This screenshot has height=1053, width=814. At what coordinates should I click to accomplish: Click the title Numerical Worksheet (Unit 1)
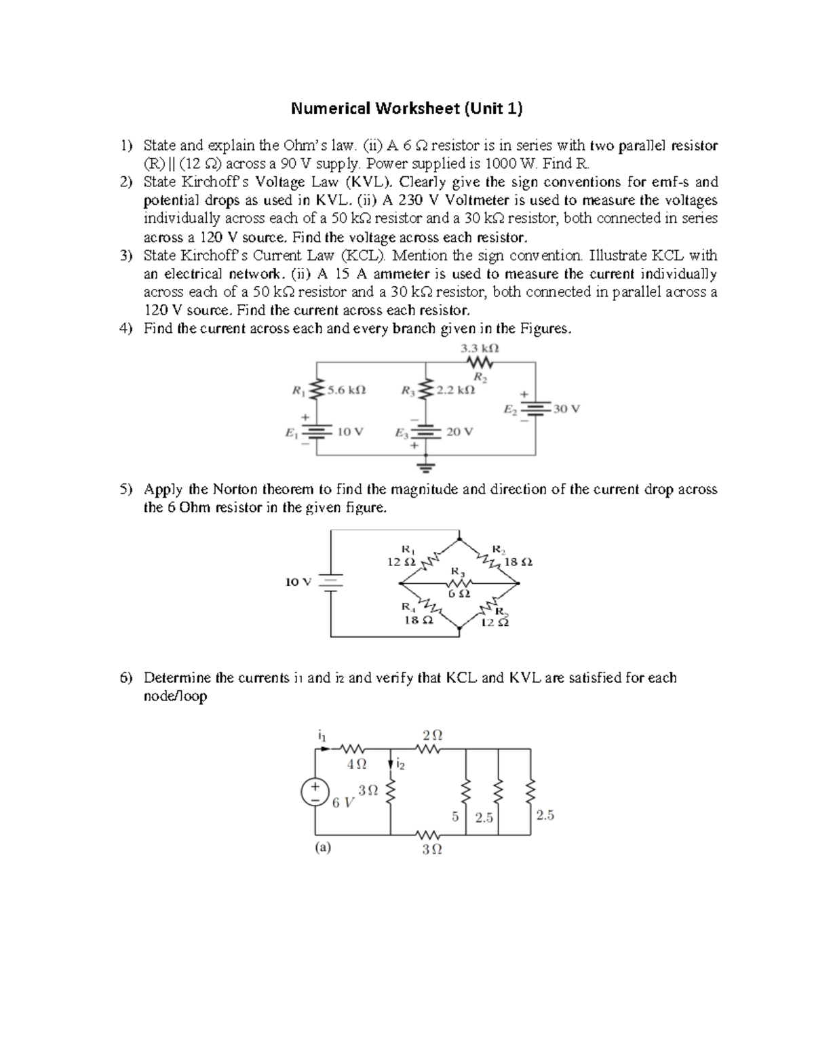(x=407, y=108)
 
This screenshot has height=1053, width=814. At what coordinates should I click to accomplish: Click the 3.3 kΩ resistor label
(x=480, y=348)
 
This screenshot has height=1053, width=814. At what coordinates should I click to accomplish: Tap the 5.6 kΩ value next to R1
(x=346, y=391)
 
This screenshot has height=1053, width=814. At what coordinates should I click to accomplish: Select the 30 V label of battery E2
(x=566, y=409)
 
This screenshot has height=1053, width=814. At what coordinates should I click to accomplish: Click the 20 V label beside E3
(x=460, y=431)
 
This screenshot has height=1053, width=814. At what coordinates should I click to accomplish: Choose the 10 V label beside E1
(x=350, y=431)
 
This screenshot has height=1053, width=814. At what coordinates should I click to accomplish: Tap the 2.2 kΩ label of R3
(x=454, y=391)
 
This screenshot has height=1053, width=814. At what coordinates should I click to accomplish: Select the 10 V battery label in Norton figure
(x=298, y=582)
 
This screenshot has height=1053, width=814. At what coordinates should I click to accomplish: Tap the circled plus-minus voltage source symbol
(x=315, y=792)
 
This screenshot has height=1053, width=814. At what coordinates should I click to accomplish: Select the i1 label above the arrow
(x=322, y=734)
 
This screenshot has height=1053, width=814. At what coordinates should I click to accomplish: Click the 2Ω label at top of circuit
(x=432, y=735)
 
